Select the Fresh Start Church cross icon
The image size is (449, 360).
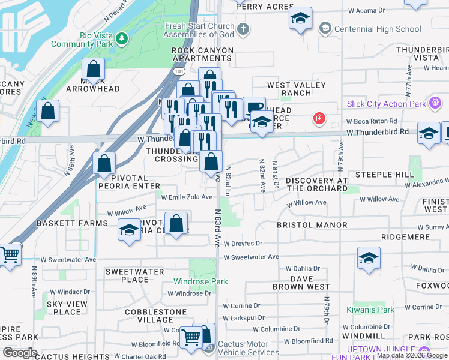pyautogui.click(x=243, y=29)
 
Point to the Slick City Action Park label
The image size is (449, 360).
pyautogui.click(x=385, y=104)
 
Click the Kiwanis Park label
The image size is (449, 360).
pyautogui.click(x=370, y=310)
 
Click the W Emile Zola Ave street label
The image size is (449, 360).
pyautogui.click(x=187, y=197)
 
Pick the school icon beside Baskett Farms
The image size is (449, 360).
pyautogui.click(x=129, y=230)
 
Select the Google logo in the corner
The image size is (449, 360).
pyautogui.click(x=20, y=352)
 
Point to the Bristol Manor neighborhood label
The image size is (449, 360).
pyautogui.click(x=312, y=225)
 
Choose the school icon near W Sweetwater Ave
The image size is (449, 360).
pyautogui.click(x=369, y=258)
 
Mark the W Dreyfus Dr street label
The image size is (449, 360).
pyautogui.click(x=243, y=244)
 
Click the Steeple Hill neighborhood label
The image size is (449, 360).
pyautogui.click(x=384, y=175)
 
